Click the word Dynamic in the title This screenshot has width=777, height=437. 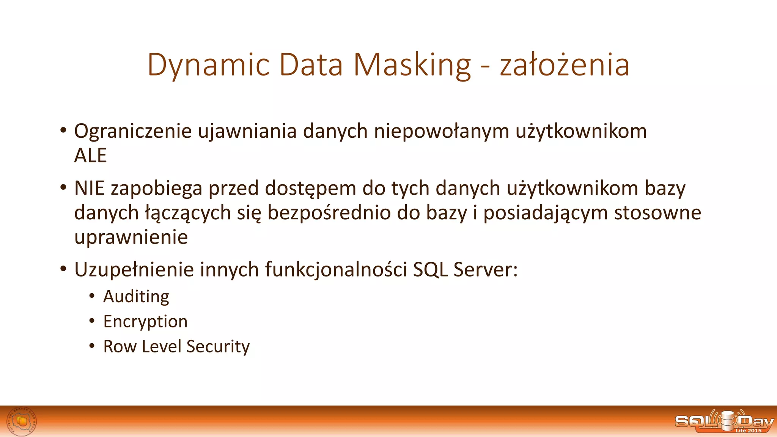[208, 65]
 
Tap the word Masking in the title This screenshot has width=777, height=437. [412, 65]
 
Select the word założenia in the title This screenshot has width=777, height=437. [564, 65]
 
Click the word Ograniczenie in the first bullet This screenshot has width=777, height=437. [133, 132]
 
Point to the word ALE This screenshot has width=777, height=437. [90, 156]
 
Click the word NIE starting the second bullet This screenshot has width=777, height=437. [89, 188]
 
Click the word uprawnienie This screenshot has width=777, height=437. [131, 237]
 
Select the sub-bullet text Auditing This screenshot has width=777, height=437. [136, 297]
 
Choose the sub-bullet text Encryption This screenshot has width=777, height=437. [145, 322]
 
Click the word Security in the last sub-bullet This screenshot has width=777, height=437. [218, 346]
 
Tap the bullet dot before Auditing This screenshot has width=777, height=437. [92, 296]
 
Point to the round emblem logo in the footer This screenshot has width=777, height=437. [22, 421]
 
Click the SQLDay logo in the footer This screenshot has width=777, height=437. [724, 421]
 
